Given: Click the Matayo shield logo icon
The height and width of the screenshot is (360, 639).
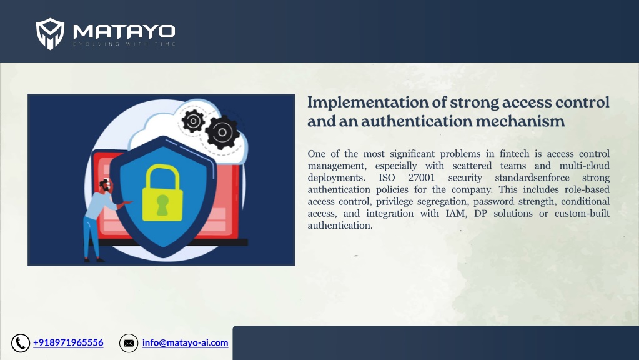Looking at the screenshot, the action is [x=50, y=34].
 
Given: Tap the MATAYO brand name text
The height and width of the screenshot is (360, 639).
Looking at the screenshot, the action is [x=124, y=31].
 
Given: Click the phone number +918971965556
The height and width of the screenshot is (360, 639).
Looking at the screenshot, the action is [x=68, y=342].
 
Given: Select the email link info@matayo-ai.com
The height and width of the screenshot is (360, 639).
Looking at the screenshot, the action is [x=185, y=342].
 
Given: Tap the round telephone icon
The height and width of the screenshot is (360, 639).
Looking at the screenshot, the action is [x=21, y=343].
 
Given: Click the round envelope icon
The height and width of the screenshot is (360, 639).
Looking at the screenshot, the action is [x=129, y=343].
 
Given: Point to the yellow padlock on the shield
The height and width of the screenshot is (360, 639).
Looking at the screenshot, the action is [x=162, y=192].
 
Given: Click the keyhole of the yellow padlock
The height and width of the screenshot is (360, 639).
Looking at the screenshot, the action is [x=162, y=204].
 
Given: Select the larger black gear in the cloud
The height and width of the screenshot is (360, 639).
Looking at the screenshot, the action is [x=222, y=132].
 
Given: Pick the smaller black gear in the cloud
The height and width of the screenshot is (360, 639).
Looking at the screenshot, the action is [x=193, y=121].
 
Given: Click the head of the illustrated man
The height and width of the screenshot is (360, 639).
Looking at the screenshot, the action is [x=106, y=186].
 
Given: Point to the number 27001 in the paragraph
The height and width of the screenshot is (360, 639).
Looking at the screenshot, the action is [x=422, y=177].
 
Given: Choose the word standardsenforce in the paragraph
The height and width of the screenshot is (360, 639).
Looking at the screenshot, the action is [x=532, y=177].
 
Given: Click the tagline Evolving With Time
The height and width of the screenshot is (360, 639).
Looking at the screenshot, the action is [x=124, y=44].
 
